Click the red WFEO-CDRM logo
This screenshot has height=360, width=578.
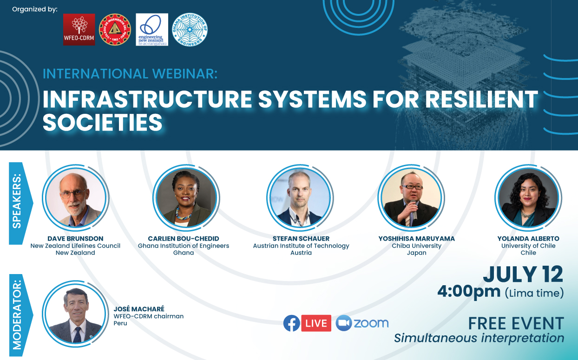79,29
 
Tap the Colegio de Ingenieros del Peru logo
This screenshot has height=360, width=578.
115,29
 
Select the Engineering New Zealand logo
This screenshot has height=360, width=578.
152,30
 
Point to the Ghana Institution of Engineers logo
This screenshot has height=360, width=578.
190,30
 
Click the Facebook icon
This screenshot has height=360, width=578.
292,323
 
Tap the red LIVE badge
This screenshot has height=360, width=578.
316,323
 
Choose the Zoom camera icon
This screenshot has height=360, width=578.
344,323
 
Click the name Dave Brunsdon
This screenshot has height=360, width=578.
75,238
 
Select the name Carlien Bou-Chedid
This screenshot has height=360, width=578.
184,238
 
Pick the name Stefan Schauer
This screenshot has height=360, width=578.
301,238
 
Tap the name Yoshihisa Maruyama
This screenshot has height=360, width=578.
417,238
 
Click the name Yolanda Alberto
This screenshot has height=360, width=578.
528,238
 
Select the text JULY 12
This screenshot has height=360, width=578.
523,274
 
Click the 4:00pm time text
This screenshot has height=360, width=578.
469,292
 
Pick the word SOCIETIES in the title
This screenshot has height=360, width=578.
103,122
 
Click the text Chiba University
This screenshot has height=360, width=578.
417,246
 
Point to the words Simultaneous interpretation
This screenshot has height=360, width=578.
479,338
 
